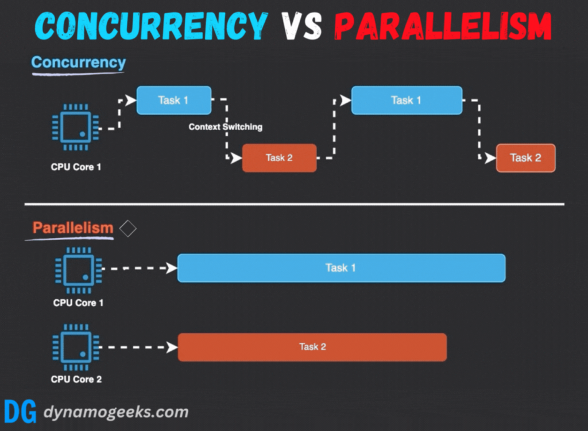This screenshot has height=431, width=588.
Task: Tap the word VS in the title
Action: click(x=300, y=25)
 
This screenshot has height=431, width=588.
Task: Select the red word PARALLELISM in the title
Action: click(x=442, y=25)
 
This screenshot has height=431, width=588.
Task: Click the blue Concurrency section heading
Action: click(x=78, y=62)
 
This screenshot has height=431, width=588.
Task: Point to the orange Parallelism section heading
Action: click(x=73, y=228)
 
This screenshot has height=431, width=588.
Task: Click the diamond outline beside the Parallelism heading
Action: click(x=127, y=229)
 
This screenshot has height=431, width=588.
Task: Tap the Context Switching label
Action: click(x=225, y=127)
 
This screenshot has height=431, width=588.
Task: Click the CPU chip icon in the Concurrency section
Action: click(x=75, y=127)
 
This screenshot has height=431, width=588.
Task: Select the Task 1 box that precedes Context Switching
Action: click(x=173, y=100)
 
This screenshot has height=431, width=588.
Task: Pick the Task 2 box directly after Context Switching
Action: click(x=279, y=158)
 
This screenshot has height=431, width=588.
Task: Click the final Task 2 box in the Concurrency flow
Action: click(x=525, y=158)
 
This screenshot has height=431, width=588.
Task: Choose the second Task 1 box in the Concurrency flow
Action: click(x=406, y=100)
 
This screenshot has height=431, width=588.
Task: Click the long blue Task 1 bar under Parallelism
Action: click(x=341, y=268)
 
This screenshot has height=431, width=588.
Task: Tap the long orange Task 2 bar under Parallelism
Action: click(x=312, y=347)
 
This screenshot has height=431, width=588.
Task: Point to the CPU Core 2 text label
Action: click(x=76, y=379)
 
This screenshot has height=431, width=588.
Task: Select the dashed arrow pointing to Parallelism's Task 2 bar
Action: click(x=141, y=347)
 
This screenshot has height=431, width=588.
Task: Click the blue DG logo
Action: click(x=20, y=412)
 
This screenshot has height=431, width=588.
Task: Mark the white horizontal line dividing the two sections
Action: click(x=294, y=204)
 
